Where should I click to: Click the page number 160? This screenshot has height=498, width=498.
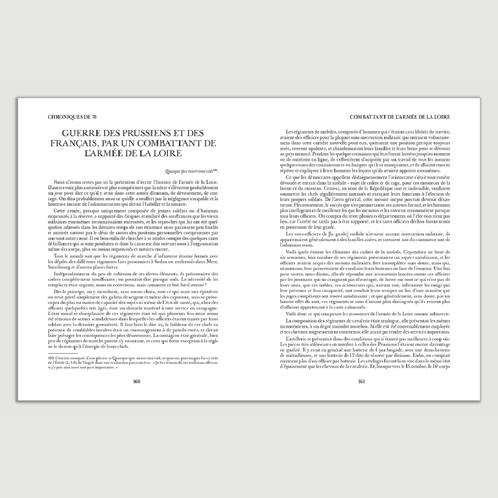click(x=136, y=381)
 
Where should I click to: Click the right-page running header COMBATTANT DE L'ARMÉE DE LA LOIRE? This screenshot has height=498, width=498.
click(x=400, y=117)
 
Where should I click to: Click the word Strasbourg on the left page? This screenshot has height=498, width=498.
click(x=62, y=267)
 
